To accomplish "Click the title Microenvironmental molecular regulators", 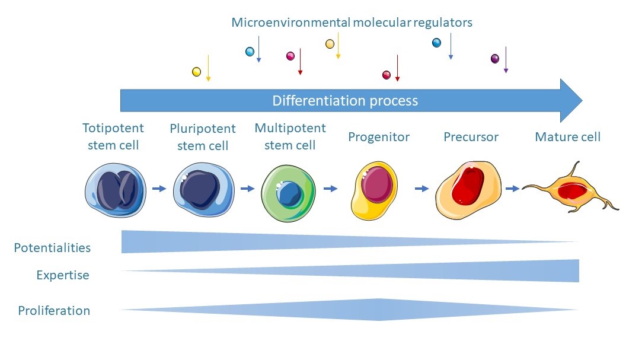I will tap(352, 23).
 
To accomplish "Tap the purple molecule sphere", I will tap(495, 58).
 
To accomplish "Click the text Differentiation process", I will tap(345, 100).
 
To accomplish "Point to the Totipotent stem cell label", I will tap(113, 137).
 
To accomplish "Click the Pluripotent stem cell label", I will tap(202, 137).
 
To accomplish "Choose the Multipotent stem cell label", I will tap(290, 136).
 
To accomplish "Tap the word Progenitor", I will tap(379, 137).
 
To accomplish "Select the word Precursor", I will tap(471, 137).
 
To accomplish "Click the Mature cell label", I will tap(567, 137).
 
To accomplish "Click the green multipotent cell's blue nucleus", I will tap(290, 193).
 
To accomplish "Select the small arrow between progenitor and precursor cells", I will tap(421, 189).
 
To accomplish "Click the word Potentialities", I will tap(52, 247).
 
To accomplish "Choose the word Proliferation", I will tap(54, 310).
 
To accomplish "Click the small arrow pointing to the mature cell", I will tap(513, 189).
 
